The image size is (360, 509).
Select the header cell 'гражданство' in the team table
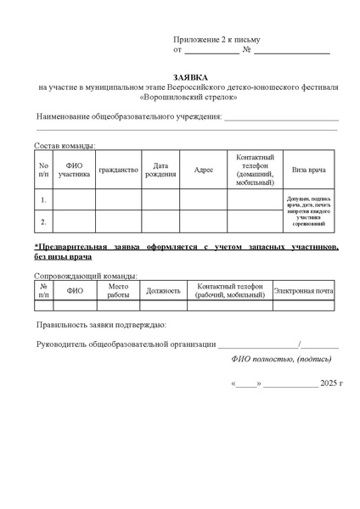click(x=118, y=170)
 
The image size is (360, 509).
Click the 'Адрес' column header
click(x=204, y=170)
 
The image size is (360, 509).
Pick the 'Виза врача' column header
click(x=308, y=170)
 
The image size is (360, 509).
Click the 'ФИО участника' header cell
click(x=74, y=170)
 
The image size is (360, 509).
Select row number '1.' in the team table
click(x=43, y=200)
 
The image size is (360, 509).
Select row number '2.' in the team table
click(x=43, y=222)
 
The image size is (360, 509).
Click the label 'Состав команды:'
click(x=65, y=145)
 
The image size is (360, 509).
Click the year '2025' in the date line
click(x=329, y=383)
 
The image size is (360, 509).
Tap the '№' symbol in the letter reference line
click(x=246, y=50)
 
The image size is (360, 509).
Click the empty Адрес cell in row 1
click(x=204, y=200)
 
